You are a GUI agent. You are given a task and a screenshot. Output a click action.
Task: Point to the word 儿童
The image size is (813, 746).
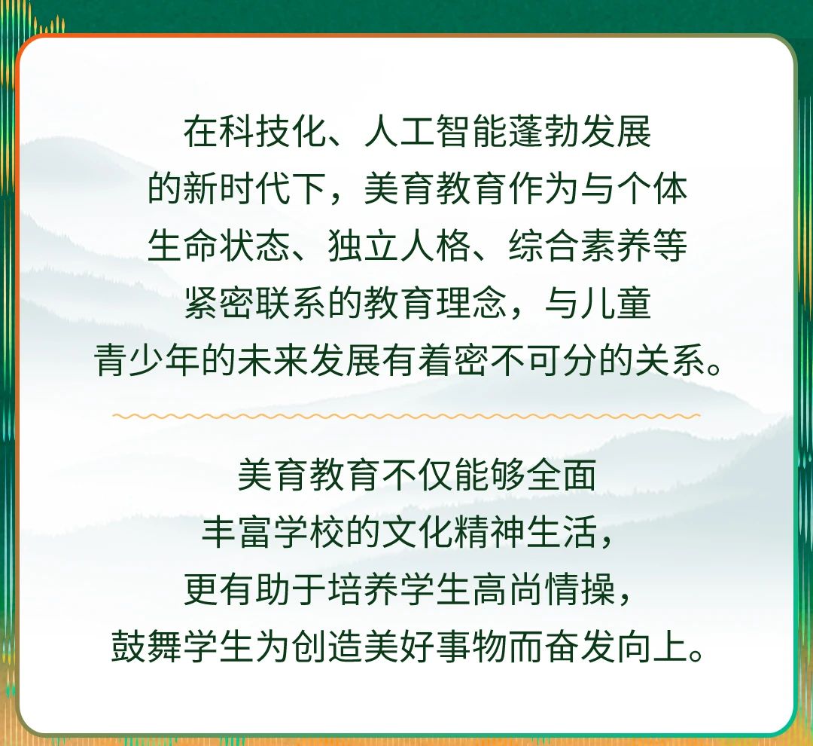(617, 303)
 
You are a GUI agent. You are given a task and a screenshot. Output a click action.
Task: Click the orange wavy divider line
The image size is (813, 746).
(406, 416)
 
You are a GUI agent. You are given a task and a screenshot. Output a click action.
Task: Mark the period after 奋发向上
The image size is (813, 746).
(696, 653)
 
